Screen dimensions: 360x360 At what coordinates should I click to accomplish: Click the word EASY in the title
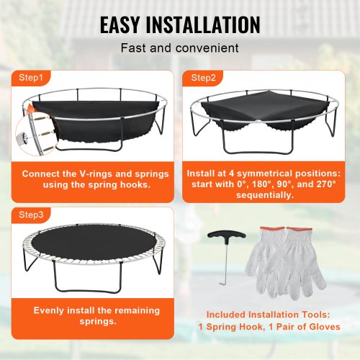point(124,24)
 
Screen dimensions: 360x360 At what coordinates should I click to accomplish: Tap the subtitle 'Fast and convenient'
point(179,49)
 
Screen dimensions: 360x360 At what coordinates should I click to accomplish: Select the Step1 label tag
point(31,76)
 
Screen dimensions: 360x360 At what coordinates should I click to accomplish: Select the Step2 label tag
point(202,76)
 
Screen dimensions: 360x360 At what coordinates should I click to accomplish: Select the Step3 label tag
point(31,214)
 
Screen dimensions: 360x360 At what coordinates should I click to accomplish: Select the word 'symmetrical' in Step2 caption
point(274,174)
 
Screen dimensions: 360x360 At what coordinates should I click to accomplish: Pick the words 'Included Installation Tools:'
point(269,315)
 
